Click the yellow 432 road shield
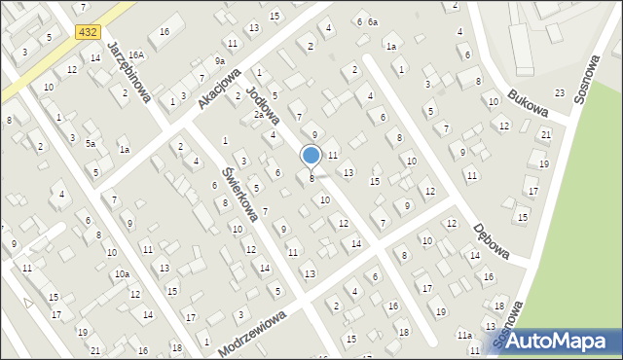point(87,32)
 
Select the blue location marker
point(311,156)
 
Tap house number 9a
point(220,61)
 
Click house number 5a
point(90,143)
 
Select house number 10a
point(122,274)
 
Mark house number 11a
point(464,335)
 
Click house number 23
point(559,92)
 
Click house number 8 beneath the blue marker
point(311,178)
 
